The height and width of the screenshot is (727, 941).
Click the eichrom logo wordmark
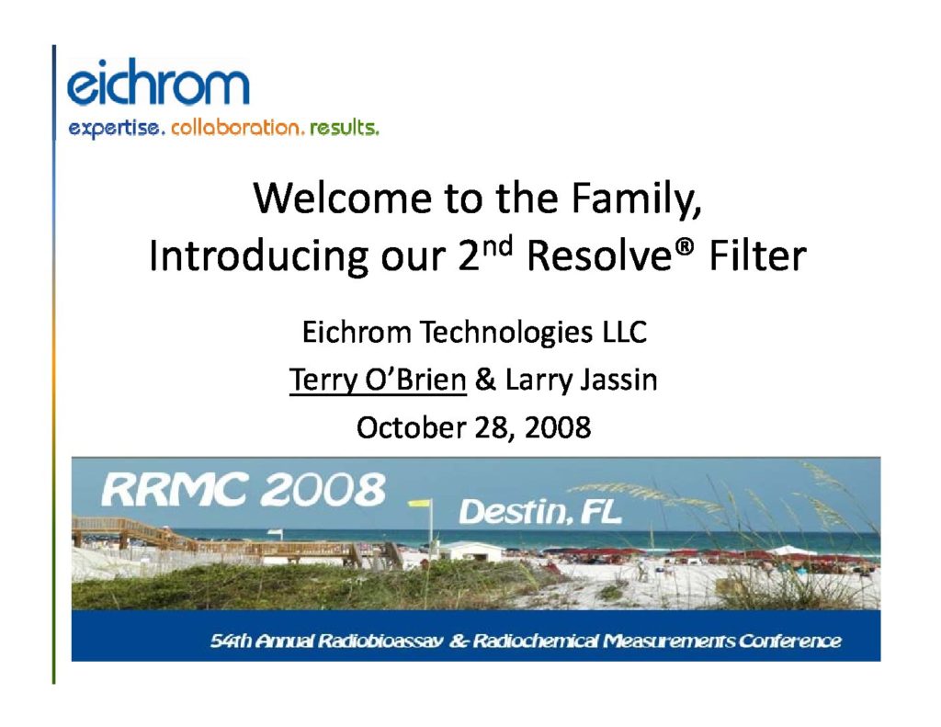point(158,82)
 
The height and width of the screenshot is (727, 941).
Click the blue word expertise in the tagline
point(117,129)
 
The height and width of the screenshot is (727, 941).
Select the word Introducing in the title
point(258,256)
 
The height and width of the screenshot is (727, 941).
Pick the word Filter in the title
point(757,256)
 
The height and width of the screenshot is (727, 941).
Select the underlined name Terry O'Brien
point(378,380)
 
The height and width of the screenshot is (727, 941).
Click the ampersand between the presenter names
point(485,380)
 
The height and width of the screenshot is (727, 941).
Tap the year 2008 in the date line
point(558,427)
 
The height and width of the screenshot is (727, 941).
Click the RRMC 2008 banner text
point(243,489)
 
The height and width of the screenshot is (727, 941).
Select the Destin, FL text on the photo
point(540,512)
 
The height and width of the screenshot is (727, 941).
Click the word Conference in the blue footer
point(789,642)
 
